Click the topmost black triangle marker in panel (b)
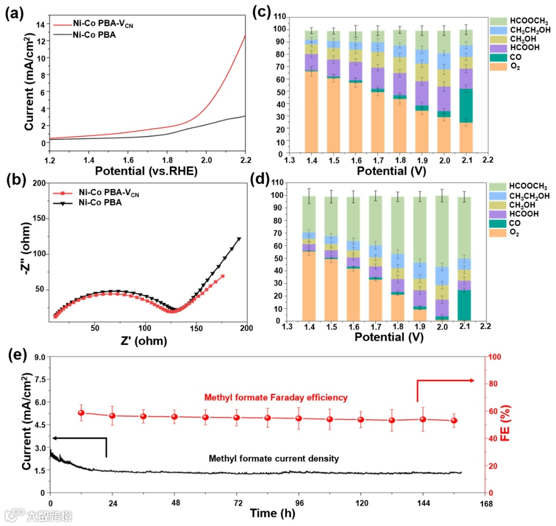239,239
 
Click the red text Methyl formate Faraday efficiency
276,397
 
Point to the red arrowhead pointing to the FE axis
472,380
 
